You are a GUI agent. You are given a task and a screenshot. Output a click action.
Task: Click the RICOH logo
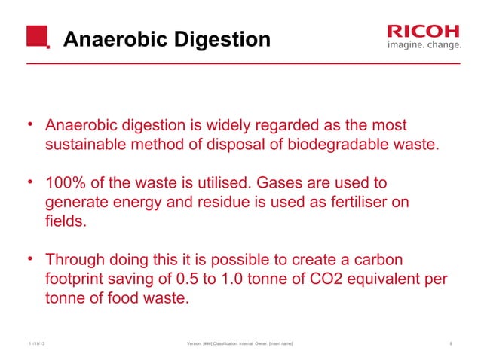(422, 30)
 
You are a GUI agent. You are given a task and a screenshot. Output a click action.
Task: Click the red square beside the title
(37, 35)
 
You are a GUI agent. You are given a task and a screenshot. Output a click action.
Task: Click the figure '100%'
(66, 183)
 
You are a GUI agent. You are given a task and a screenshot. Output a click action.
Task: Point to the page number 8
(450, 344)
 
